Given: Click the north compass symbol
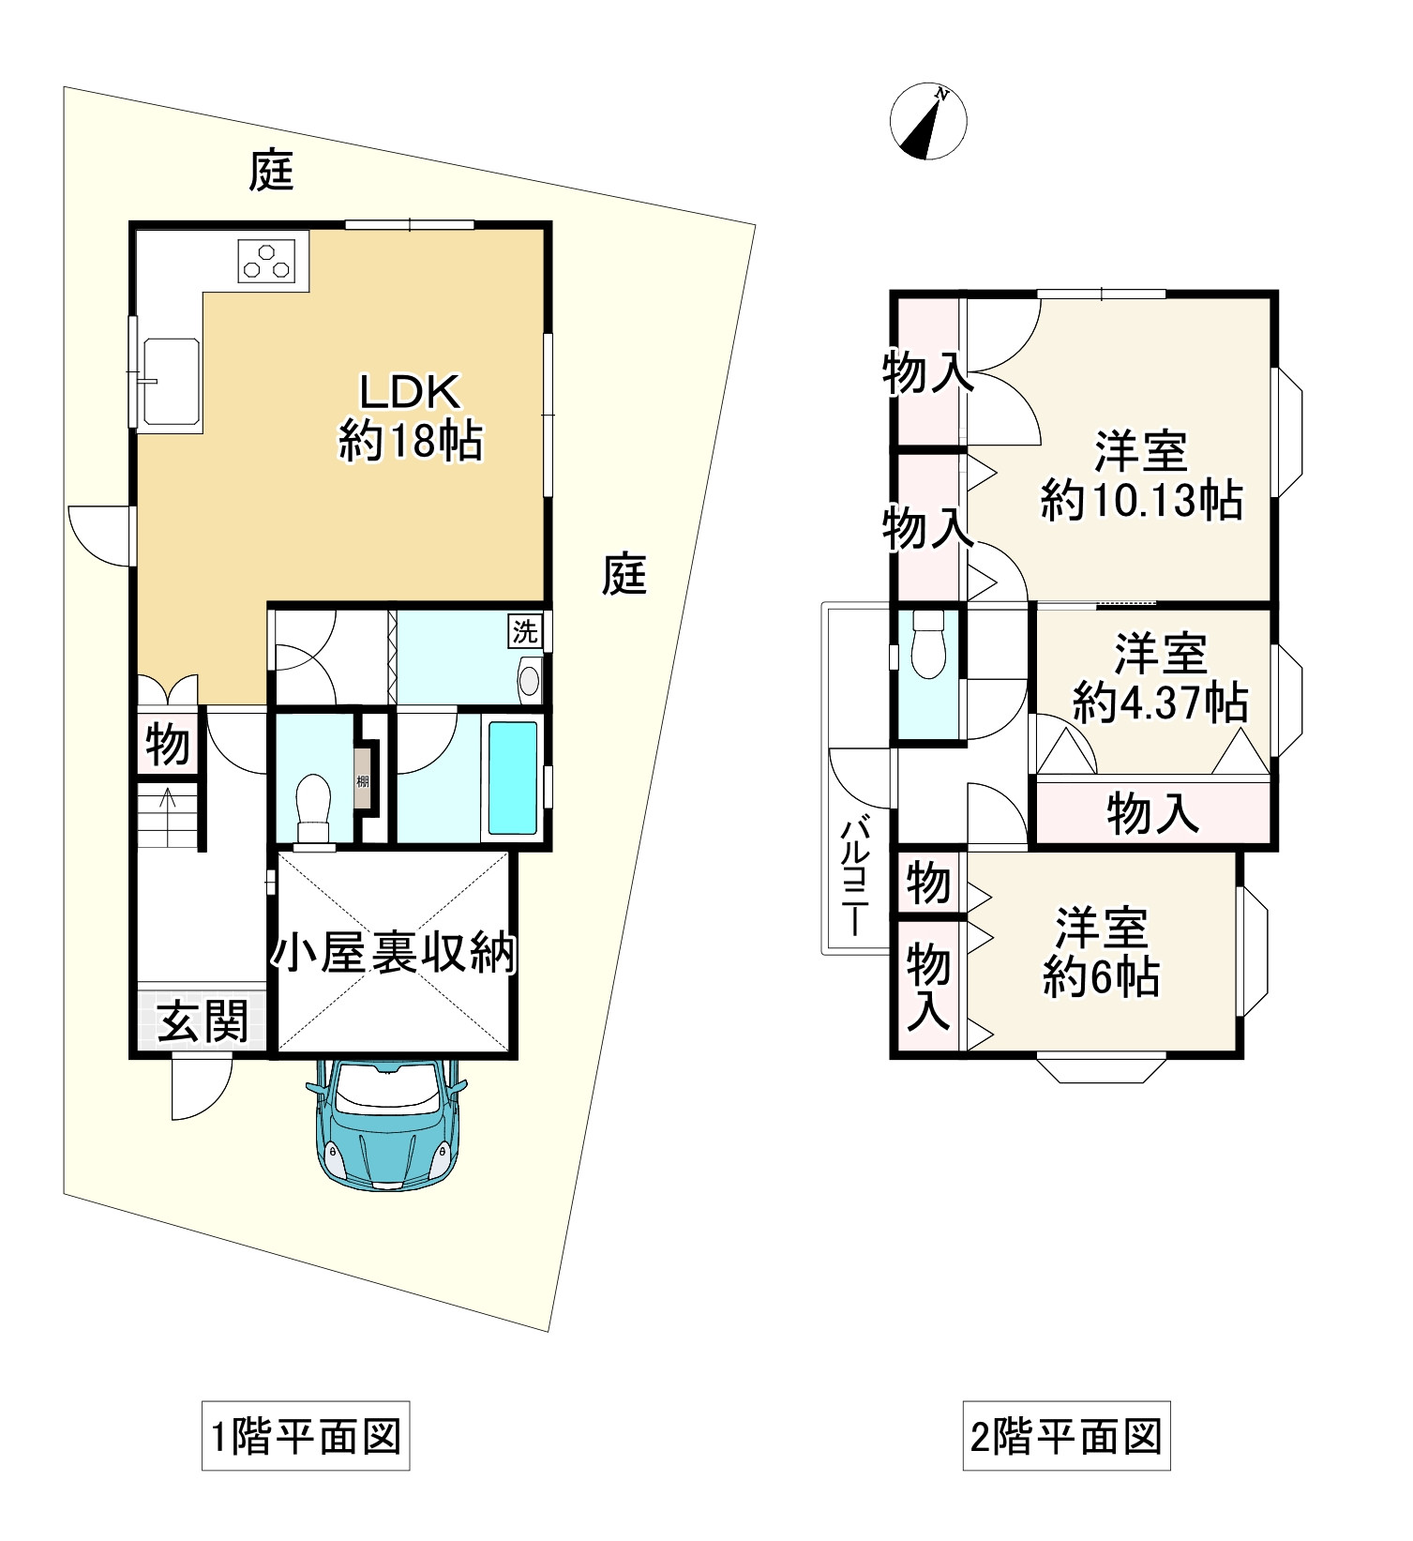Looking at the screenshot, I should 927,122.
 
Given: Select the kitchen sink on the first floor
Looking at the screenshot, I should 170,381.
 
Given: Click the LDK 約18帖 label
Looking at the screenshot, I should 411,417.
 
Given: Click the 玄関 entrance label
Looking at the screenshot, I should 202,1020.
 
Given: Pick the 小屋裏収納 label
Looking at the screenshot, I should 394,955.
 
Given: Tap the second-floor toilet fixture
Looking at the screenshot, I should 928,645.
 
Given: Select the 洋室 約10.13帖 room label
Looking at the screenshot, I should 1141,476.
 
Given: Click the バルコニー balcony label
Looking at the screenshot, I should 854,877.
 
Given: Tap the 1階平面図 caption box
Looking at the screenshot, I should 306,1436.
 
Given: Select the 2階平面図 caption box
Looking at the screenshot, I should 1066,1436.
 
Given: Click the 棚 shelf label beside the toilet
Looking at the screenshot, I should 362,779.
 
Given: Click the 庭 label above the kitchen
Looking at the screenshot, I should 271,172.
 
